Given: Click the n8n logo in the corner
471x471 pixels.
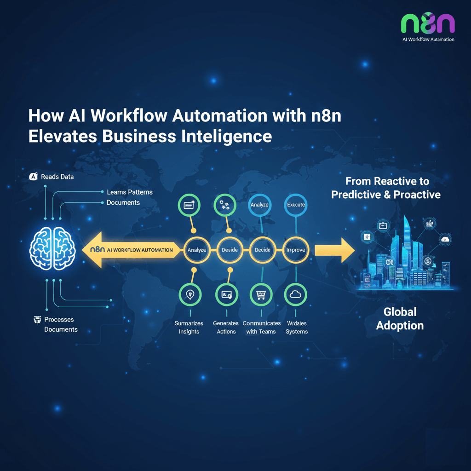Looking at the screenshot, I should (428, 23).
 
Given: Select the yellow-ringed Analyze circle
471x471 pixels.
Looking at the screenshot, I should (196, 250).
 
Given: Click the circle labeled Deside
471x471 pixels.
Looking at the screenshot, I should (230, 250).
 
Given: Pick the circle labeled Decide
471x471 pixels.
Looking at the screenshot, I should (262, 250).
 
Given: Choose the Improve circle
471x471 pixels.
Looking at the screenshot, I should (296, 250).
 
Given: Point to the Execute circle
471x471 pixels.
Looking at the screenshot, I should (296, 205).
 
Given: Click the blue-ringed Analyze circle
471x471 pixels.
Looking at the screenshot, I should (259, 205).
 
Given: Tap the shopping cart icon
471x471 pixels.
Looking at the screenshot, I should (260, 295).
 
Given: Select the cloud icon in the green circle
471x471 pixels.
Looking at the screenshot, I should (296, 295).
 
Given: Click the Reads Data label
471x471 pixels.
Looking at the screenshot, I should (57, 177).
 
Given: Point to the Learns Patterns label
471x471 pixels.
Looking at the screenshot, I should (129, 192).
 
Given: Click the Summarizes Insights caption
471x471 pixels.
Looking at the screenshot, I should (189, 327).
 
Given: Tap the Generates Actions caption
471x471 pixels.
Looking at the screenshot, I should (226, 327).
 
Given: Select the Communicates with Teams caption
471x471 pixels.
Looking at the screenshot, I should (261, 327).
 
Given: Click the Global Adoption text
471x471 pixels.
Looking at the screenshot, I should (400, 319).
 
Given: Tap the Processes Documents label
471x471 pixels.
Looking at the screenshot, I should (60, 324).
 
